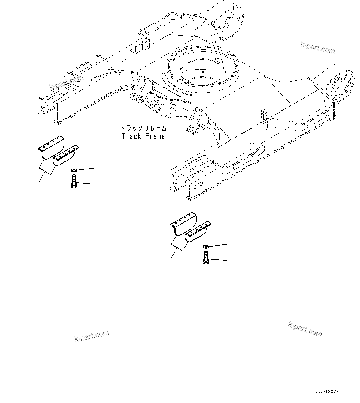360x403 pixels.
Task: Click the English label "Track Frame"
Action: [143, 136]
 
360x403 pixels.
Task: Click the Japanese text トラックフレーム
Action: [143, 128]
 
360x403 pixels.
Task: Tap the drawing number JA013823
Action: [327, 392]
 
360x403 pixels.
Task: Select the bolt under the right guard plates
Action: [206, 258]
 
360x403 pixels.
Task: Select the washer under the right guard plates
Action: [206, 246]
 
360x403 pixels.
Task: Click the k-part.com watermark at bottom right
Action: [305, 328]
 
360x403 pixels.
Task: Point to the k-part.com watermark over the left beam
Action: [66, 83]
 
